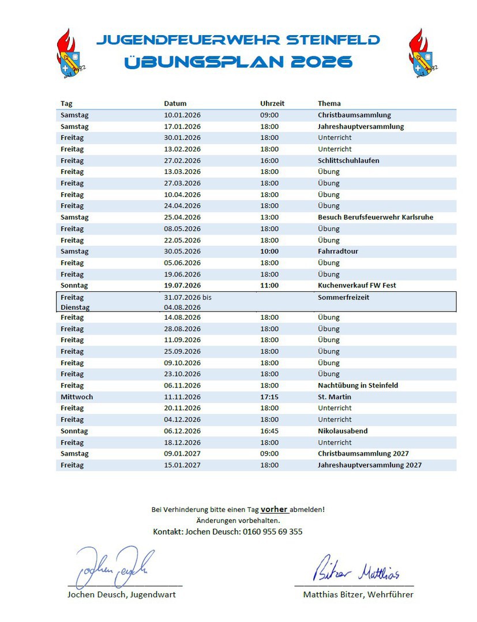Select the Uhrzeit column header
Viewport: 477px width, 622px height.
point(272,104)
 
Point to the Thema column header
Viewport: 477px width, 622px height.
point(329,104)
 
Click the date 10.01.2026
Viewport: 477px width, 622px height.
point(182,115)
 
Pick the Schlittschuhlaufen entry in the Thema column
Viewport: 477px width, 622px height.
point(348,161)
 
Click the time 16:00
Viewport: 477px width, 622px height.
point(269,161)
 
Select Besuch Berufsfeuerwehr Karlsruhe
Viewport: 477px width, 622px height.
point(375,217)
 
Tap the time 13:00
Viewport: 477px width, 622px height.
point(269,217)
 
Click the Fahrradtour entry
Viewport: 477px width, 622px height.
point(338,251)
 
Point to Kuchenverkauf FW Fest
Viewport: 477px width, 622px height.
point(356,285)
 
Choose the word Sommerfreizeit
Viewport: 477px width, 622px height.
point(343,297)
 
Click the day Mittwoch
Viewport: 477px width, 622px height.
point(77,397)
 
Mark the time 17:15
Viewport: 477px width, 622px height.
point(269,397)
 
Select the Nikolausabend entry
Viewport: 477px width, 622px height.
point(343,431)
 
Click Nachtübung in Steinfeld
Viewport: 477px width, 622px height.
point(358,385)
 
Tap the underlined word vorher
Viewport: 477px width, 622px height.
point(274,509)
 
